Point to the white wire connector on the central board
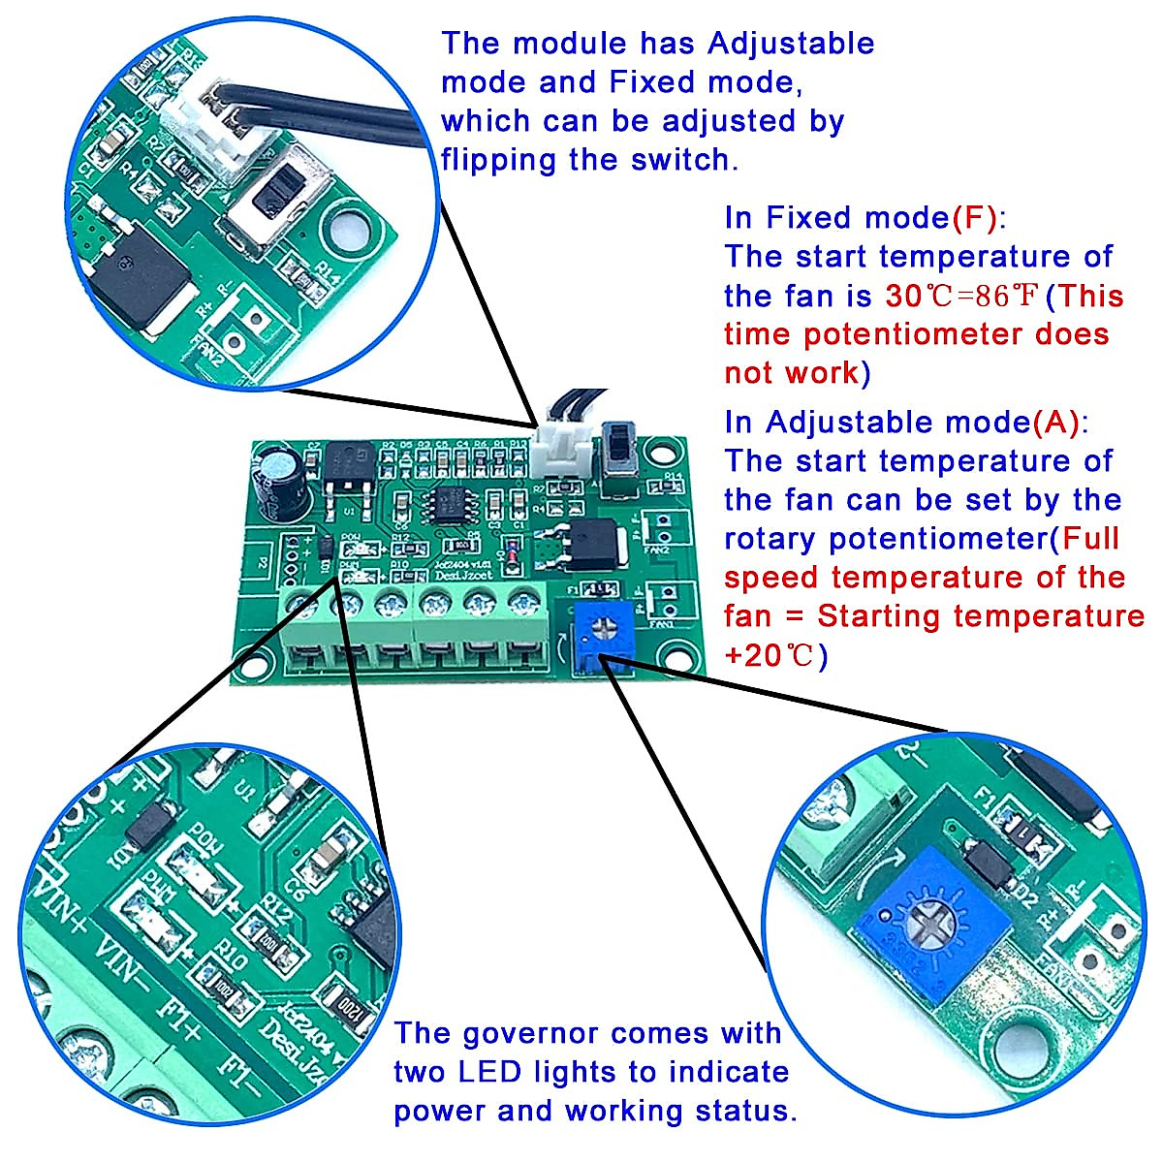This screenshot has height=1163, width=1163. click(x=560, y=449)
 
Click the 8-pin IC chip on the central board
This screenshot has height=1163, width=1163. click(x=449, y=504)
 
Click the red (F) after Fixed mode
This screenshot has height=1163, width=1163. click(x=974, y=218)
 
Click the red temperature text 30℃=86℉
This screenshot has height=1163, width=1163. click(x=961, y=296)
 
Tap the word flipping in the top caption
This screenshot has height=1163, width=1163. click(x=499, y=160)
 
